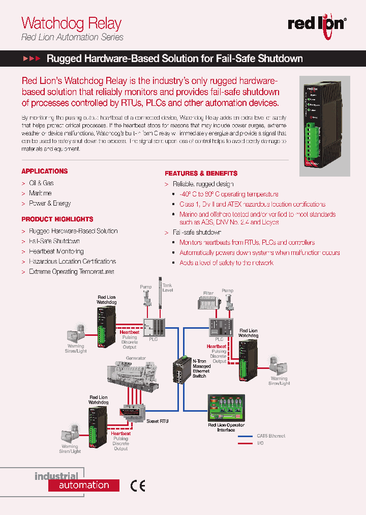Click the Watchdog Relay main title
(71, 23)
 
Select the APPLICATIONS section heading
(44, 171)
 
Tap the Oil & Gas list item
(41, 183)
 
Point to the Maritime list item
(40, 193)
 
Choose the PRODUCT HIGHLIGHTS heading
(57, 219)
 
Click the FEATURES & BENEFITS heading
(201, 174)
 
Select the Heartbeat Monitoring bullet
(56, 251)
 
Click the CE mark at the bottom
(138, 486)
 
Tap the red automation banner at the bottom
(84, 485)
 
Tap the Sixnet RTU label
(157, 421)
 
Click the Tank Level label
(168, 288)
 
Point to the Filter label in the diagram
(208, 293)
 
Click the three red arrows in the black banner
(32, 59)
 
